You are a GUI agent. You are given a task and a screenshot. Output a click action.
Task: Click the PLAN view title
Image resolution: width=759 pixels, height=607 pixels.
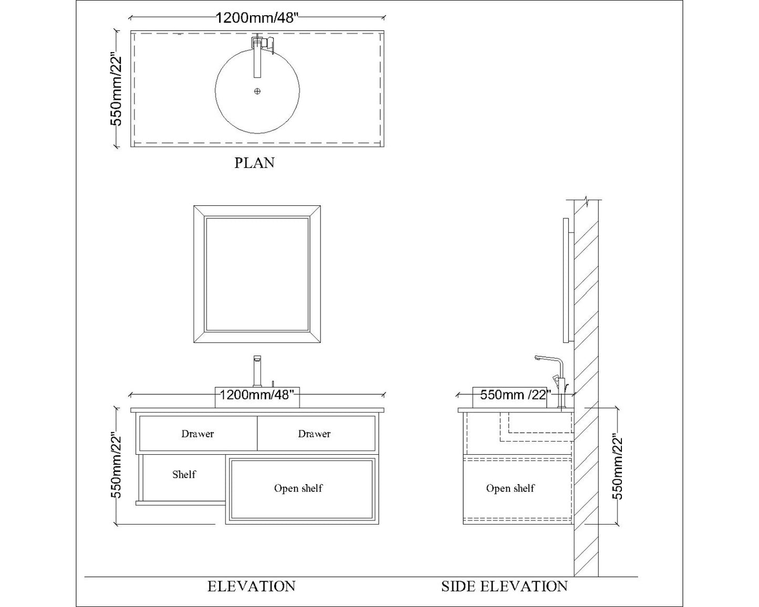pyautogui.click(x=254, y=163)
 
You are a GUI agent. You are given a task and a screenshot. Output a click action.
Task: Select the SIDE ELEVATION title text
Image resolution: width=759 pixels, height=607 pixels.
pyautogui.click(x=504, y=586)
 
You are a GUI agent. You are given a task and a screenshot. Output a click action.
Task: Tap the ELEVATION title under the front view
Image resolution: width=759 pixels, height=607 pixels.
pyautogui.click(x=251, y=586)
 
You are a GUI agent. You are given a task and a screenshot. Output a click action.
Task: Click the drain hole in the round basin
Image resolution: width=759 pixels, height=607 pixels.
pyautogui.click(x=257, y=91)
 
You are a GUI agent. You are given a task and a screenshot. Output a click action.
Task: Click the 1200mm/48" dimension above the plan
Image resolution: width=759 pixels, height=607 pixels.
pyautogui.click(x=257, y=18)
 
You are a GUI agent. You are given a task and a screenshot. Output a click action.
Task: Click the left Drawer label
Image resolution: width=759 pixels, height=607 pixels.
pyautogui.click(x=197, y=434)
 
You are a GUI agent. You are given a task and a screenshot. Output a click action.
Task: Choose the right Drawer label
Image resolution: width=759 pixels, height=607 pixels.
pyautogui.click(x=314, y=434)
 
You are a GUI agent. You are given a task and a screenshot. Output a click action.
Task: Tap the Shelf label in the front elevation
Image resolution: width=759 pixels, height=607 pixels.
pyautogui.click(x=184, y=475)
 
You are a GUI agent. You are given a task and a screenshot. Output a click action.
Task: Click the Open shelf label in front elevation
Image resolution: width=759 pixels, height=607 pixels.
pyautogui.click(x=298, y=488)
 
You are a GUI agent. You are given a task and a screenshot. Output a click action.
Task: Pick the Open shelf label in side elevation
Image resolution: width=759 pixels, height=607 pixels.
pyautogui.click(x=510, y=488)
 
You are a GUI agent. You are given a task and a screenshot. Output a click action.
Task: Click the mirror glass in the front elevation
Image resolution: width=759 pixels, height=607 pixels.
pyautogui.click(x=257, y=274)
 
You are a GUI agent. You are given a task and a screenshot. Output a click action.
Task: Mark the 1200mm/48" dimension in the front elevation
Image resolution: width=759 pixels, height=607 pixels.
pyautogui.click(x=255, y=395)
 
